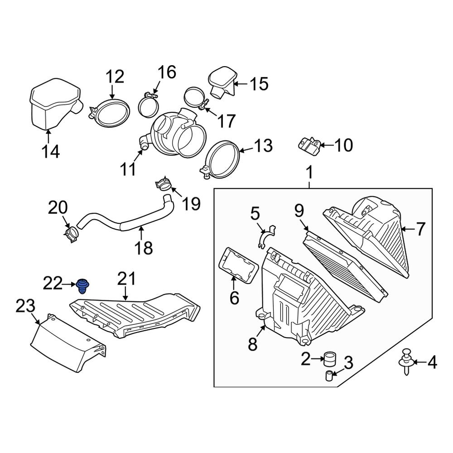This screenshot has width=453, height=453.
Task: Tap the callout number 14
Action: (51, 151)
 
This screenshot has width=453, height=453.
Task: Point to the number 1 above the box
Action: (309, 173)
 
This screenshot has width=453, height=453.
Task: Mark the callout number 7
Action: (421, 230)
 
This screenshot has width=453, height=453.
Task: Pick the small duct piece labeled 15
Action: (222, 83)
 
